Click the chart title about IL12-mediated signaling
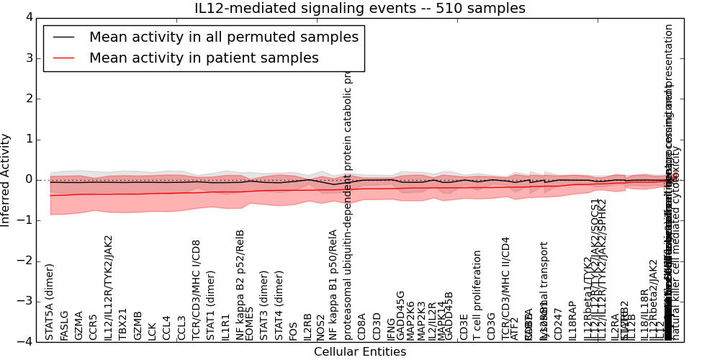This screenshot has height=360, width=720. [360, 9]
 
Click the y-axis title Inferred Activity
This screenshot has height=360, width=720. [6, 179]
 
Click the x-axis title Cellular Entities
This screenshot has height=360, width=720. [360, 352]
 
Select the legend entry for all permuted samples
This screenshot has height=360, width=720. [223, 37]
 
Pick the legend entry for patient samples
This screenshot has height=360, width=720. [204, 58]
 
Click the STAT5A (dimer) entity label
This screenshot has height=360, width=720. [50, 301]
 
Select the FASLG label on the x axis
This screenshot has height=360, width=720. [64, 325]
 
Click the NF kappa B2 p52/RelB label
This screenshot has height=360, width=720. [240, 284]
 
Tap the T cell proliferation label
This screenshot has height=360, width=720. [477, 295]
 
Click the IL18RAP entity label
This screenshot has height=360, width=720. [572, 318]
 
